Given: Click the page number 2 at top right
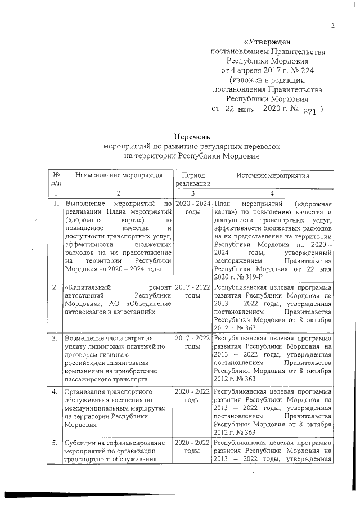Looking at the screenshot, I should click(x=332, y=25).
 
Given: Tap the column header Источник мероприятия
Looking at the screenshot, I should click(x=273, y=176).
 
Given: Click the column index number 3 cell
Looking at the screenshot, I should click(x=193, y=193).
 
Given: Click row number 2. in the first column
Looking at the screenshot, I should click(x=55, y=287).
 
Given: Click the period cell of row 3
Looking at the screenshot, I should click(x=193, y=343).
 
